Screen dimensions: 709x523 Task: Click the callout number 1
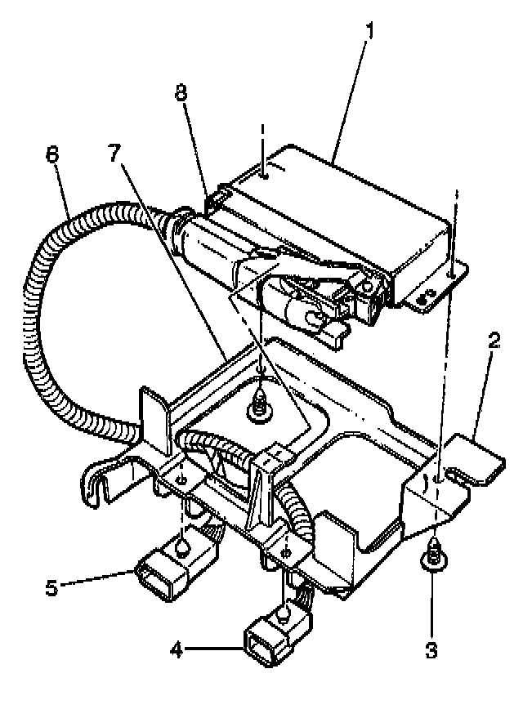click(x=370, y=32)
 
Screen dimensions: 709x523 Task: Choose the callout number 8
click(x=181, y=93)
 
